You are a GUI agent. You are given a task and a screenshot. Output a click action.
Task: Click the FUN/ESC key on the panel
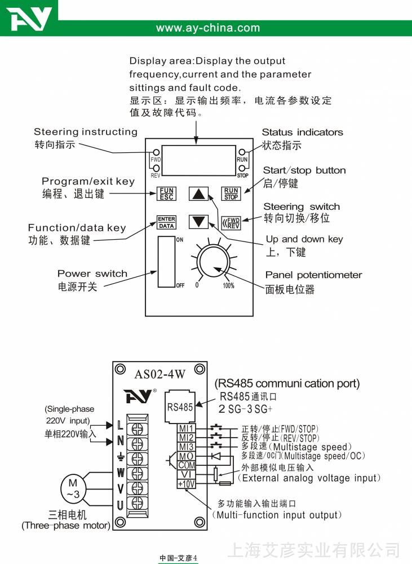[x=166, y=194]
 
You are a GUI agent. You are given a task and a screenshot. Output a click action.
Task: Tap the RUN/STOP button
[x=231, y=194]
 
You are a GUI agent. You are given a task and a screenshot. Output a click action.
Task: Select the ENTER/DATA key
[x=166, y=222]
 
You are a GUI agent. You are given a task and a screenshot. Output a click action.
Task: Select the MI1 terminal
[x=186, y=429]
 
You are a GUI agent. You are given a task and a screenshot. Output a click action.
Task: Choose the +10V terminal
[x=186, y=483]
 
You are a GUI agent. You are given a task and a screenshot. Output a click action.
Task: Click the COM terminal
[x=186, y=465]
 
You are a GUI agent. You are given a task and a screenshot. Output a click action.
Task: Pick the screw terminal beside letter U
[x=136, y=503]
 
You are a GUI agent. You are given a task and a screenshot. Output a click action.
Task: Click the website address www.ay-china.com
[x=208, y=28]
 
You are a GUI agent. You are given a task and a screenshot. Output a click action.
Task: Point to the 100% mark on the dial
[x=228, y=285]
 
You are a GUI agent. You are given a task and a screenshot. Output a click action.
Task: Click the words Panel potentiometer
[x=313, y=275]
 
